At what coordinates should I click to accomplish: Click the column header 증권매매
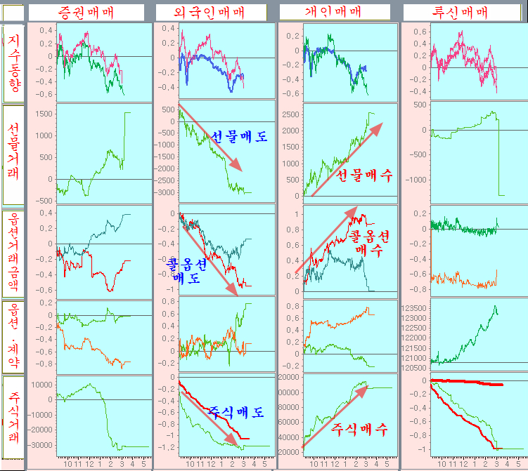click(86, 12)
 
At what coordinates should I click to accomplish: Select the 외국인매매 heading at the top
click(210, 12)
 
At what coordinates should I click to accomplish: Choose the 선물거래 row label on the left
click(14, 152)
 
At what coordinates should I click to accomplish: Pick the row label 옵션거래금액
click(14, 253)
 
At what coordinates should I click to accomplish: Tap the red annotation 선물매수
click(365, 175)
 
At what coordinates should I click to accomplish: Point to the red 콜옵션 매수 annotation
click(370, 240)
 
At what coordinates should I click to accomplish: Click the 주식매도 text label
click(236, 412)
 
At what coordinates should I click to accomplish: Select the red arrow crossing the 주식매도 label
click(211, 414)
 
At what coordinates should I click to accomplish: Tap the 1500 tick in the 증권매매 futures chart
click(44, 113)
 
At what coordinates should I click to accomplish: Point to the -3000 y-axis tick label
click(167, 192)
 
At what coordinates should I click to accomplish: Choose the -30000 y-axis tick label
click(40, 445)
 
